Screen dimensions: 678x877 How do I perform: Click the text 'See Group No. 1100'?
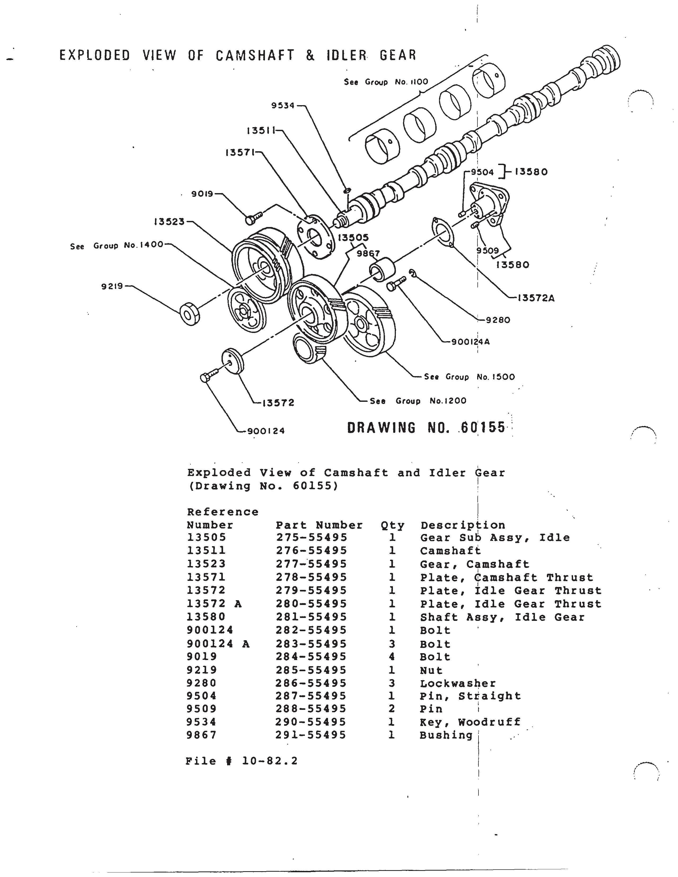386,82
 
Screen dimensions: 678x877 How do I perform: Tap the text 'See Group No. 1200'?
418,401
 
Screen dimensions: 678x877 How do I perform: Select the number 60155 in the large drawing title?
483,427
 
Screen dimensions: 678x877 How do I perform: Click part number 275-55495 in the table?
311,538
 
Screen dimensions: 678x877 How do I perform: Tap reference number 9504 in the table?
202,696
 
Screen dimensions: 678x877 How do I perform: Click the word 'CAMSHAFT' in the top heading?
255,55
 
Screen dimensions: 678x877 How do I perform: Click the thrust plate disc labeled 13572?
233,360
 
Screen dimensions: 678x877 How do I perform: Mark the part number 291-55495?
311,735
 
